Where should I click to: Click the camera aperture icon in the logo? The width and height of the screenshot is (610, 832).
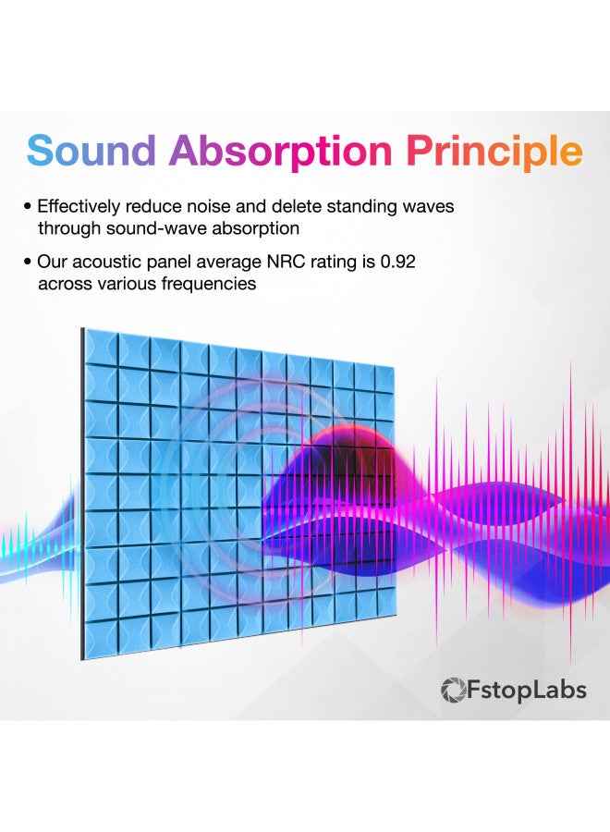point(453,690)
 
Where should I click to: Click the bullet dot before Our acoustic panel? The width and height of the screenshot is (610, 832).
point(29,263)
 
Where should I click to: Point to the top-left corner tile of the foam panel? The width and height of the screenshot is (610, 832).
point(101,346)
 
